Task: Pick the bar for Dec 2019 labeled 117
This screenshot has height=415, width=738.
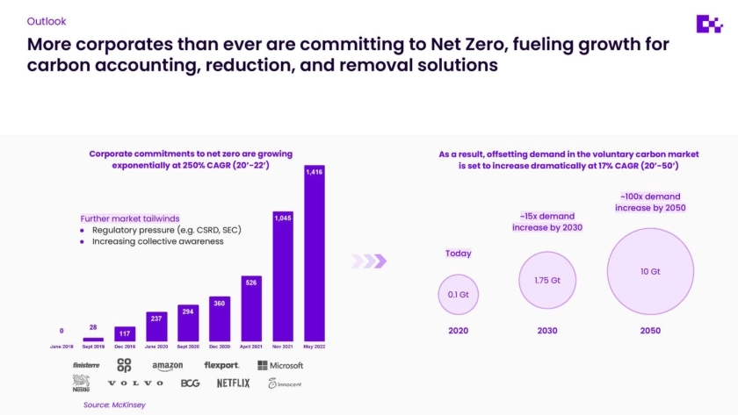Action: (x=125, y=333)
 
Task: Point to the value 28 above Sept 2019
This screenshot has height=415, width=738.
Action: (x=92, y=327)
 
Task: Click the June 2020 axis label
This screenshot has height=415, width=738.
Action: (x=156, y=346)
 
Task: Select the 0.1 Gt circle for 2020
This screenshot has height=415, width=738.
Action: (x=458, y=294)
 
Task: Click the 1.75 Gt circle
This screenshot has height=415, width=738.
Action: (x=546, y=280)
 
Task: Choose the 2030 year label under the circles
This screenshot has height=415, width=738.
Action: (x=546, y=331)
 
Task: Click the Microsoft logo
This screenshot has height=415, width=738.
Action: (x=280, y=365)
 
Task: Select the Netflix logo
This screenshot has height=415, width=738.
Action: (x=234, y=383)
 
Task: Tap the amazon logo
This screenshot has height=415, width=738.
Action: (x=167, y=366)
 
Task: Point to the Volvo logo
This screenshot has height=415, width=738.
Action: (x=135, y=383)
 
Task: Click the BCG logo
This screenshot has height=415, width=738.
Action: (x=190, y=383)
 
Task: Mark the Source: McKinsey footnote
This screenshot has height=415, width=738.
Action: (x=110, y=404)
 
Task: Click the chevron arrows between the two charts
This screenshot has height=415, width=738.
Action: (x=369, y=261)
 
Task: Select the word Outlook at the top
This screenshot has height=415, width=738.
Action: (x=46, y=20)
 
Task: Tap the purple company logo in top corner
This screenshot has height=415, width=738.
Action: (x=708, y=25)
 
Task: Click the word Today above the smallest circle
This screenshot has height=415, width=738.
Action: (x=458, y=254)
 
